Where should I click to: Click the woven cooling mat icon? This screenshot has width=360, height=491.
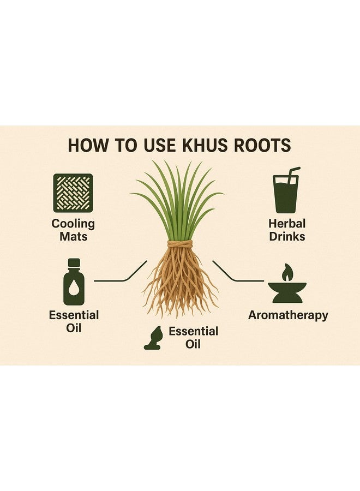tap(73, 193)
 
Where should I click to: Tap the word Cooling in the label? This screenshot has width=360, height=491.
tap(73, 224)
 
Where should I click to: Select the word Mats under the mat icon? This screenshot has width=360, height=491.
tap(73, 236)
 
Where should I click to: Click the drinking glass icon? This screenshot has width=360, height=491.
tap(286, 195)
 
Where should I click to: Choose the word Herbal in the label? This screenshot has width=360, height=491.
tap(286, 224)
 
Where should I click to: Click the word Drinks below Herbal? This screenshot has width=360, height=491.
tap(286, 236)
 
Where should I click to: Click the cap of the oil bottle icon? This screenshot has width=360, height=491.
tap(74, 262)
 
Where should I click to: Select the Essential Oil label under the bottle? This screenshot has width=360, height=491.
tap(74, 321)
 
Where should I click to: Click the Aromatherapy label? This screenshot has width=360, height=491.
tap(288, 315)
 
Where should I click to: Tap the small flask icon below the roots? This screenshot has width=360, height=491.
tap(153, 338)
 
